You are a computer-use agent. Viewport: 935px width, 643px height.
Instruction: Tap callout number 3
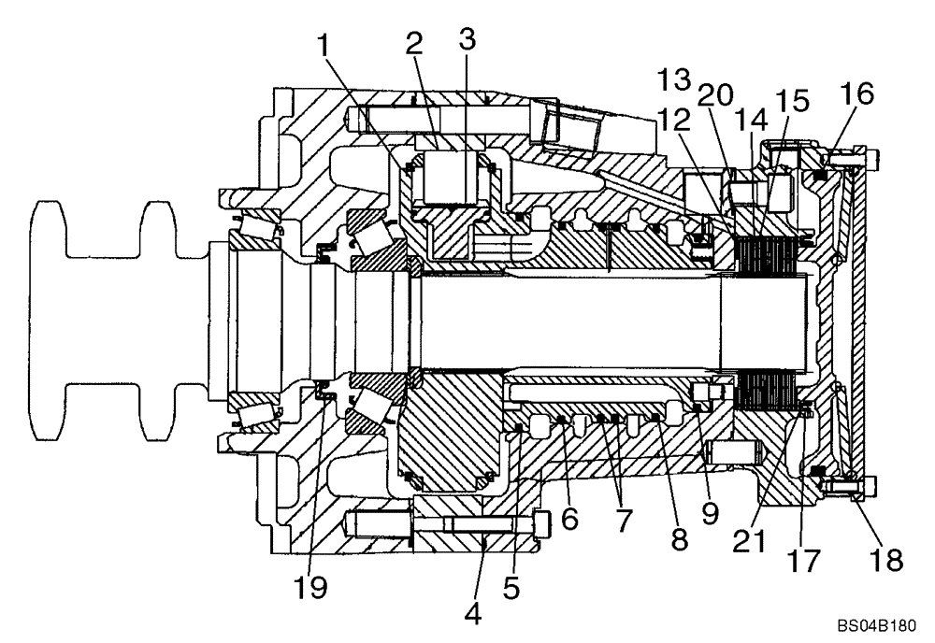(467, 39)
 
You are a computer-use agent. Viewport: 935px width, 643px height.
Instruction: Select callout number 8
(678, 538)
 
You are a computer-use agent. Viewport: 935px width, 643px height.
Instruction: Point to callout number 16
(856, 93)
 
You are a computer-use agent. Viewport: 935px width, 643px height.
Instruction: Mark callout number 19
(311, 588)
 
